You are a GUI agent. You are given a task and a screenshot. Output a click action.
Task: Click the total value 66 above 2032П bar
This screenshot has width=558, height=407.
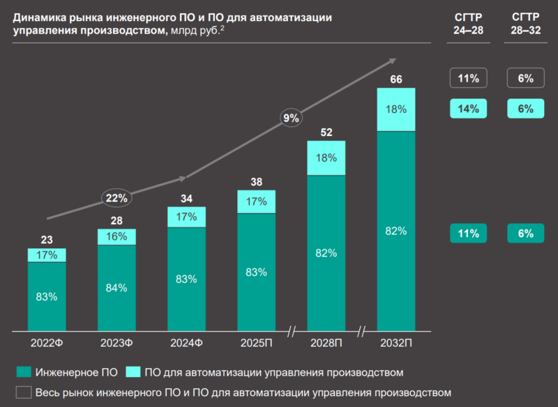[395, 80]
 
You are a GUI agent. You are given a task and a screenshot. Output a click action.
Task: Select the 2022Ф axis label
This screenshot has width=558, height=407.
[47, 342]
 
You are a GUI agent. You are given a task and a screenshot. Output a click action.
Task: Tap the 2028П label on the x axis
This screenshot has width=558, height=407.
[326, 342]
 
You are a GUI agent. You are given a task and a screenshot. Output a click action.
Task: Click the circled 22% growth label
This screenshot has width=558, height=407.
[116, 198]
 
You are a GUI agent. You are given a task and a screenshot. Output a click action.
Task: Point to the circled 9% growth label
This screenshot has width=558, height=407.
[291, 118]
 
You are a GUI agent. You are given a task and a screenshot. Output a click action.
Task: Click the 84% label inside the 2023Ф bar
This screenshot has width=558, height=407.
[116, 287]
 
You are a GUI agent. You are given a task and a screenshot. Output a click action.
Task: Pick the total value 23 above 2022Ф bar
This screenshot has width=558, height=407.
[47, 240]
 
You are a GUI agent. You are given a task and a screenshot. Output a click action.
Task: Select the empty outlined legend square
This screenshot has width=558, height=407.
[23, 392]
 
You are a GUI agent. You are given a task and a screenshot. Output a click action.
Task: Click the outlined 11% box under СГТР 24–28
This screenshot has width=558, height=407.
[467, 78]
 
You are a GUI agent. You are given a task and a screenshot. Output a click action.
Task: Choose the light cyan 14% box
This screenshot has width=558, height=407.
[467, 108]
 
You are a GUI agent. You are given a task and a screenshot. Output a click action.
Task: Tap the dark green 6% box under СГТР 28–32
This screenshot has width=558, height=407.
[525, 233]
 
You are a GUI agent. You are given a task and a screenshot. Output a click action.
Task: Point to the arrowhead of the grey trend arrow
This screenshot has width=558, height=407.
[391, 61]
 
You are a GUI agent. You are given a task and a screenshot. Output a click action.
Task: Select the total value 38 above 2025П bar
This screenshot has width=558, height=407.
[256, 183]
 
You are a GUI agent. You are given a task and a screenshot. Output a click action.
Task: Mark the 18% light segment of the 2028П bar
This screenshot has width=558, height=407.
[326, 158]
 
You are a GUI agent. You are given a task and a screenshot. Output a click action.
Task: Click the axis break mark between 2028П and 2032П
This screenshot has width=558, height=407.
[361, 330]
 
